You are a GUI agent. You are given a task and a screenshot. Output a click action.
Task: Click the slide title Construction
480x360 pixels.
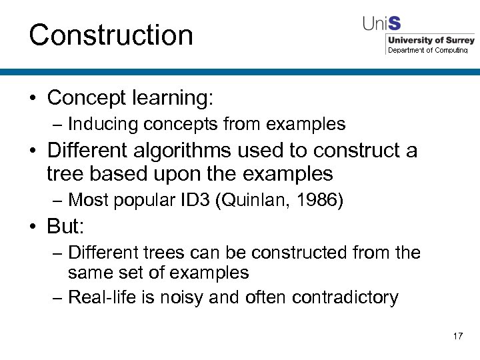tap(111, 35)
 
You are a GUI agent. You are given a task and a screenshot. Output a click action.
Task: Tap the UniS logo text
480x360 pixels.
tap(381, 23)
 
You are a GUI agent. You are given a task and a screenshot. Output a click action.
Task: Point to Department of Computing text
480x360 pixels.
tap(428, 50)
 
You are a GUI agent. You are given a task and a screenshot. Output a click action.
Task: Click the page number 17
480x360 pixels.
tap(457, 336)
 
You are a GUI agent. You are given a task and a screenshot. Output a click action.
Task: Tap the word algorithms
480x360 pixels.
tap(192, 150)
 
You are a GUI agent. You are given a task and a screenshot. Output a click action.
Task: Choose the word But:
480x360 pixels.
tap(65, 227)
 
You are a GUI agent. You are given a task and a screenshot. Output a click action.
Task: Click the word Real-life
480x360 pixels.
tap(101, 297)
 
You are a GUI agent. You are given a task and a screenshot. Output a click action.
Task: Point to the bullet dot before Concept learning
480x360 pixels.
tap(33, 99)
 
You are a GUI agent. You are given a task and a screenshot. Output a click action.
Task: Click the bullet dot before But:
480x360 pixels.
tap(33, 228)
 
